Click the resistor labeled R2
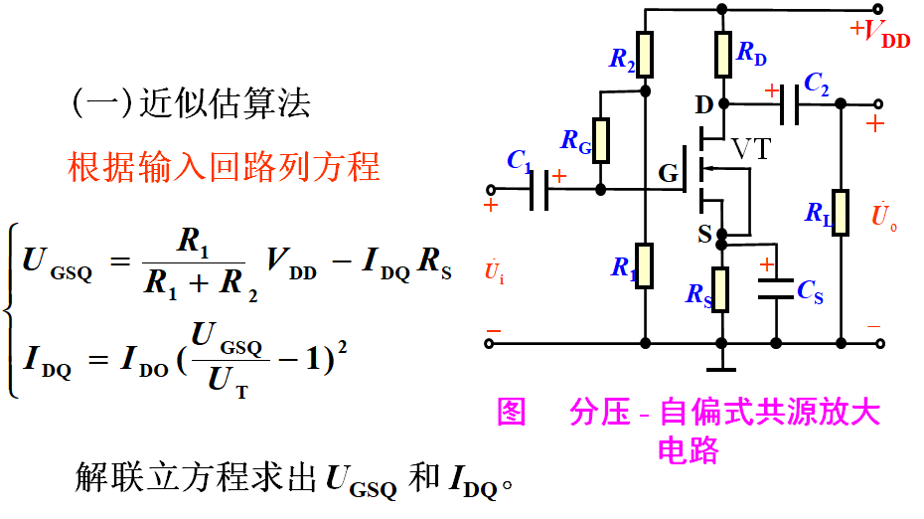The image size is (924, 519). click(646, 55)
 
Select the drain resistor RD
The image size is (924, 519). click(723, 55)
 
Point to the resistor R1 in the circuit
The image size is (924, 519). click(646, 264)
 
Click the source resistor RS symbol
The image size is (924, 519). click(722, 289)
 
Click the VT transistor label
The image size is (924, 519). click(752, 149)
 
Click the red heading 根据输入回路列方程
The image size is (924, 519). click(224, 166)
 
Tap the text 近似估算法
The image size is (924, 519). click(225, 103)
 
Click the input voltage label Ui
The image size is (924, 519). click(494, 270)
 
